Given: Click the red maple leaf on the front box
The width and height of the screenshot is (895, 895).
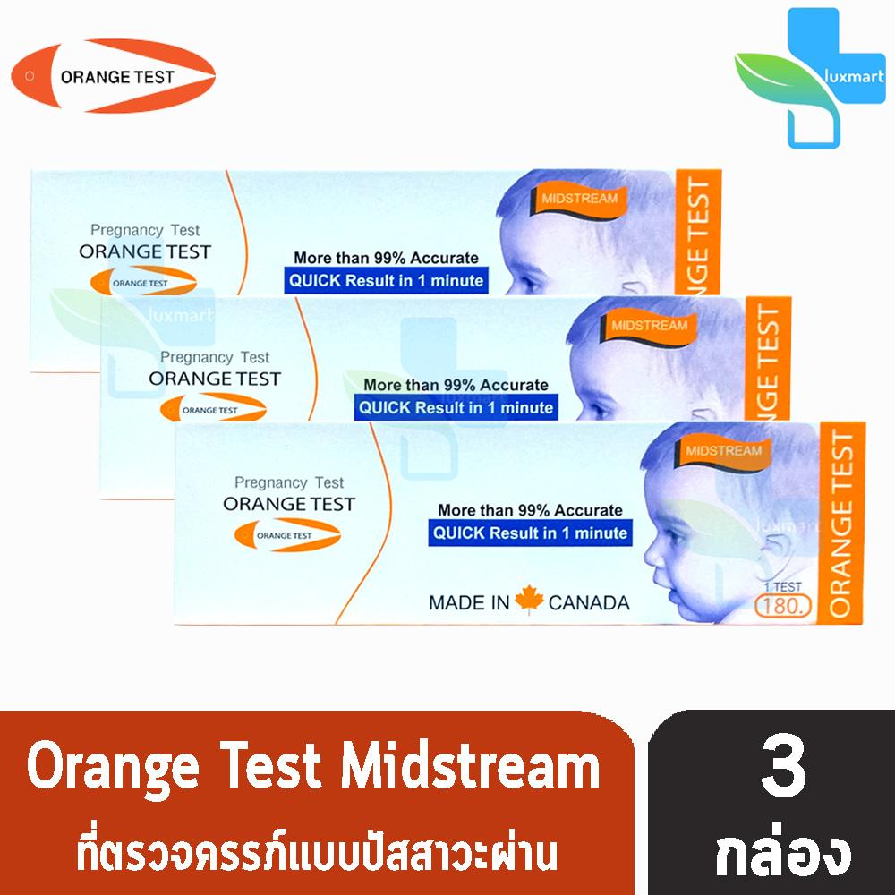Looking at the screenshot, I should (x=529, y=601).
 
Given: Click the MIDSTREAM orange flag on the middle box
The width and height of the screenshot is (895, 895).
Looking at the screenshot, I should (x=650, y=325).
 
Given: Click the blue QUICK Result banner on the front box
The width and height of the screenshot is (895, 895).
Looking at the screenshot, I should (x=530, y=533).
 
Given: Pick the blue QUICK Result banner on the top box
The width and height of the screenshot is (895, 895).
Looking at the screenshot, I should (x=385, y=281).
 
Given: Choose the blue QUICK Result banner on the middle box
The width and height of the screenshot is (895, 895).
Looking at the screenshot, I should (x=456, y=407).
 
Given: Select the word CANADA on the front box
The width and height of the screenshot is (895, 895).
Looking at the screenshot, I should (x=588, y=602).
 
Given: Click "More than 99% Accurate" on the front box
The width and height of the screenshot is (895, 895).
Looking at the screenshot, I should (x=530, y=510).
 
